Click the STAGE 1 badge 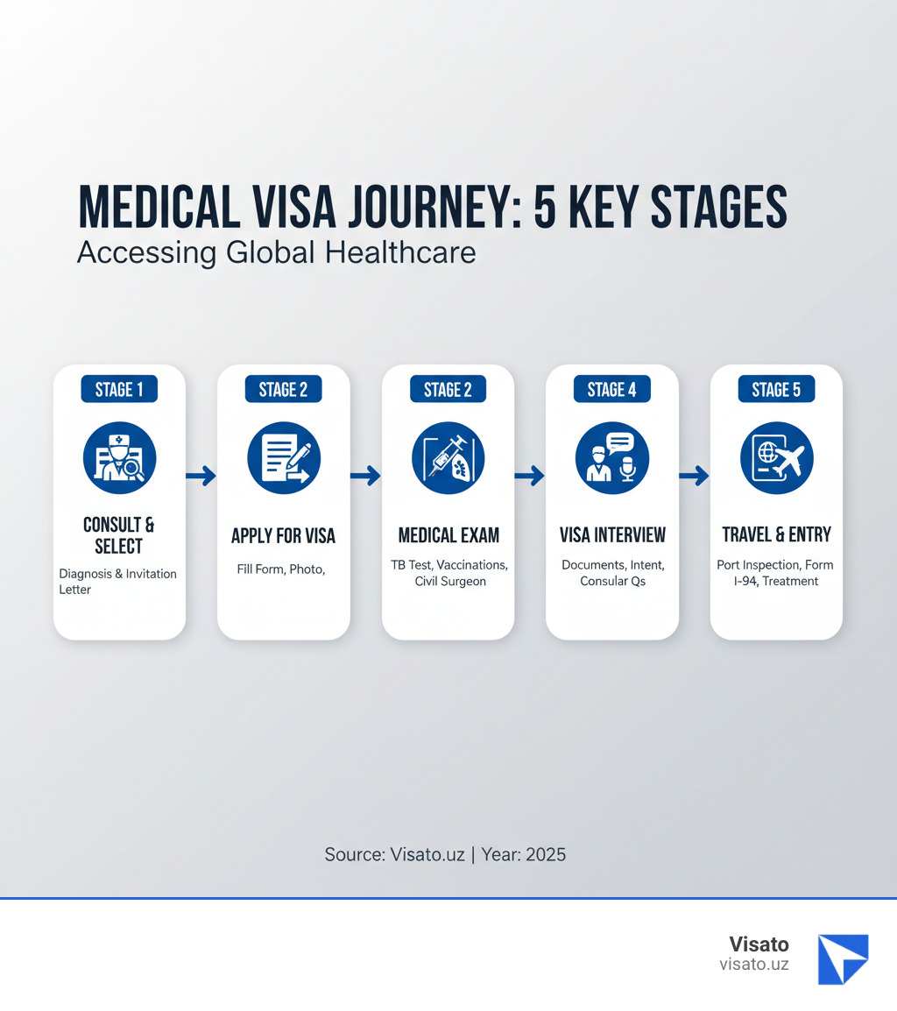(x=119, y=390)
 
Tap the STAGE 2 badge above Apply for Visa (x=283, y=390)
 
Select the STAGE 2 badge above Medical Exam (x=448, y=390)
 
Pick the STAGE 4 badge (x=612, y=390)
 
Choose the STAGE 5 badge (x=776, y=390)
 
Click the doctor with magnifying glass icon (x=119, y=458)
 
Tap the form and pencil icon (x=284, y=458)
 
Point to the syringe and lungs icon (x=448, y=458)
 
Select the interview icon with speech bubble (x=612, y=458)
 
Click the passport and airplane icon (x=776, y=458)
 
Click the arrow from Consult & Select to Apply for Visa (x=201, y=476)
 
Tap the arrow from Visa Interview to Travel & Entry (x=695, y=476)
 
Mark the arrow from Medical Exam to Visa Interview (x=530, y=476)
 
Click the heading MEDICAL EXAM (x=448, y=535)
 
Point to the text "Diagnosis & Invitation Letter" (x=118, y=582)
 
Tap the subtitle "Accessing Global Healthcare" (x=277, y=252)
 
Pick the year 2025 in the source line (x=546, y=854)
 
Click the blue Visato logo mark (x=843, y=958)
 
